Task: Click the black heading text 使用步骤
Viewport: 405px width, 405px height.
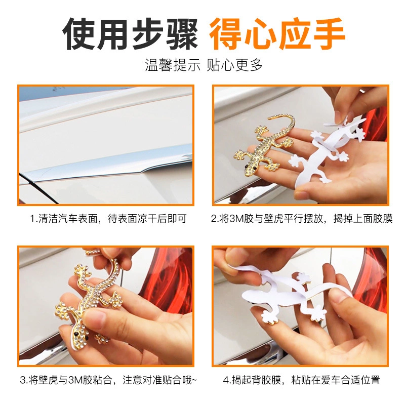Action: click(x=130, y=33)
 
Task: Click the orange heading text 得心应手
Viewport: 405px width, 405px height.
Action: click(x=277, y=33)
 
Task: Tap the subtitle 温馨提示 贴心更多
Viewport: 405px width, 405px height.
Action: click(x=204, y=65)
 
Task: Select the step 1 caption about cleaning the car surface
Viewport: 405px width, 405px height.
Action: click(x=108, y=219)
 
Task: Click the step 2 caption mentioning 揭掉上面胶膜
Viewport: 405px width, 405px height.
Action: click(x=301, y=219)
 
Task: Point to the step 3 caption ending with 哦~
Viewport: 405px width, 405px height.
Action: click(x=108, y=380)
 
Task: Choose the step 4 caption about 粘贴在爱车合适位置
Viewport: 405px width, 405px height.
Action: click(x=301, y=380)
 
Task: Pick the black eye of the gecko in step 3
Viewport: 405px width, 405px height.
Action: click(x=76, y=334)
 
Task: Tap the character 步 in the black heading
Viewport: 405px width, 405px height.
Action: click(x=147, y=33)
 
